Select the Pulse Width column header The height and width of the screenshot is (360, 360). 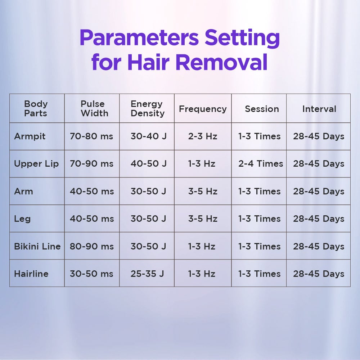pos(94,109)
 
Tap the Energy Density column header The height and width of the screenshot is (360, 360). pos(148,109)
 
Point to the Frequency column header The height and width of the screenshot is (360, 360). pos(203,109)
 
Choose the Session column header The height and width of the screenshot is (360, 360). pos(262,109)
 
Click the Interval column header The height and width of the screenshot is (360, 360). pos(319,109)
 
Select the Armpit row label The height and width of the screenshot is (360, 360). pos(30,136)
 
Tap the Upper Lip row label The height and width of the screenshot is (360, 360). pos(36,164)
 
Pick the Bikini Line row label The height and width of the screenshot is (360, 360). pos(37,246)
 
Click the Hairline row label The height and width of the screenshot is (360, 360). pos(31,274)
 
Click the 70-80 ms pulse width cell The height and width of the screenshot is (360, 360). pos(91,136)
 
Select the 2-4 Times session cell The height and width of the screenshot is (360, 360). pos(261,164)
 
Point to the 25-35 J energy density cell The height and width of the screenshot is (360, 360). pos(147,274)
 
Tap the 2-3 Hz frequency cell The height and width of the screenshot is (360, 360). pos(203,136)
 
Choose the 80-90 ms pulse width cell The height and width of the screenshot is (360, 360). pos(92,246)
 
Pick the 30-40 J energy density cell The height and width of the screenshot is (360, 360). pos(149,136)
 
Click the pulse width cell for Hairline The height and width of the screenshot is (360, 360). pos(91,274)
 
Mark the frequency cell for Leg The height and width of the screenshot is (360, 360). pos(203,219)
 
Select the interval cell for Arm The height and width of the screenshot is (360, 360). pos(319,192)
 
